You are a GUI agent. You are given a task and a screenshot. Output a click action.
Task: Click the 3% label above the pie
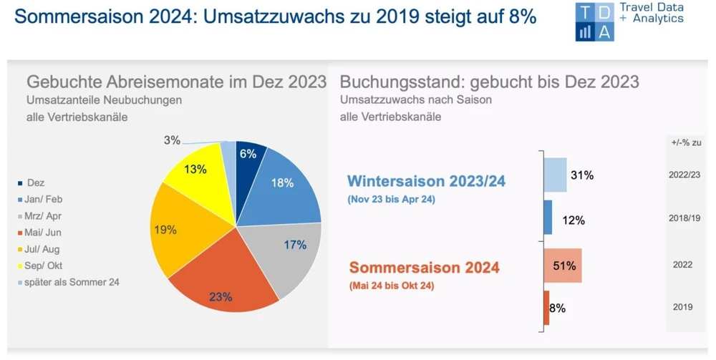172,140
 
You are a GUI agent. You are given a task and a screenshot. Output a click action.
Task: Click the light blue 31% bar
556,175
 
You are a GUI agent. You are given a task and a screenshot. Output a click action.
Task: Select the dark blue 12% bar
548,218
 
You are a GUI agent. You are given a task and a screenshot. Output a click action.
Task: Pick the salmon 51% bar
563,266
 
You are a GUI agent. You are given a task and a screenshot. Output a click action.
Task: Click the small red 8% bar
546,308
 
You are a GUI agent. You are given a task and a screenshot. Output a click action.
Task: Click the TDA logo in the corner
594,21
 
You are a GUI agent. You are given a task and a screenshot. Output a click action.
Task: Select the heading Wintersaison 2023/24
426,181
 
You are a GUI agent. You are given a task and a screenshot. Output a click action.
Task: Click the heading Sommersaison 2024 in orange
424,269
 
